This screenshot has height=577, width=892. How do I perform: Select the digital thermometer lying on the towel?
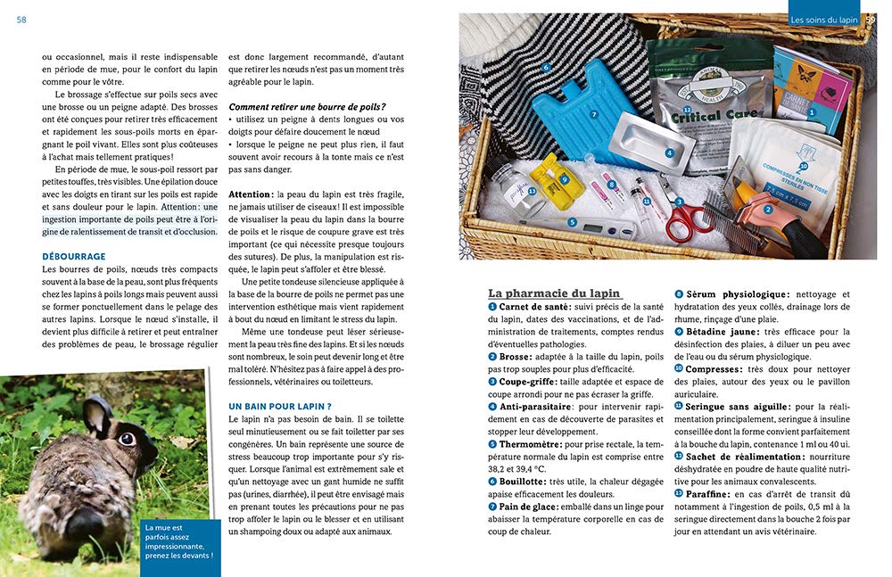pyautogui.click(x=589, y=224)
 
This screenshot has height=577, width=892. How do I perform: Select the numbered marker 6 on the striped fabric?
pyautogui.click(x=546, y=67)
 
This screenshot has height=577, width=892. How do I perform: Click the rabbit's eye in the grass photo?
pyautogui.click(x=127, y=439)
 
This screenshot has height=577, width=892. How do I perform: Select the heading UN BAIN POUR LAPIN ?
pyautogui.click(x=274, y=406)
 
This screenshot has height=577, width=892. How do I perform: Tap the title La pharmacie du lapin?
pyautogui.click(x=554, y=293)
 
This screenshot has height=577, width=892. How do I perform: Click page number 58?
pyautogui.click(x=21, y=20)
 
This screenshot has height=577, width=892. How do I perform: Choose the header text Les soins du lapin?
pyautogui.click(x=823, y=20)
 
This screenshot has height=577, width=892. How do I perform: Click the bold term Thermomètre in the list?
pyautogui.click(x=530, y=443)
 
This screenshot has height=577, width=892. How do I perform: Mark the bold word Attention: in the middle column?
pyautogui.click(x=250, y=194)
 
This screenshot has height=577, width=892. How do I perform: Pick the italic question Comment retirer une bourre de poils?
pyautogui.click(x=307, y=107)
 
